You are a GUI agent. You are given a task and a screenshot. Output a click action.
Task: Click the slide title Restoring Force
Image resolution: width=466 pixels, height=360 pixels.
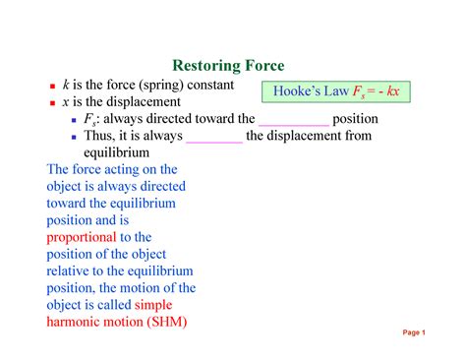pyautogui.click(x=228, y=66)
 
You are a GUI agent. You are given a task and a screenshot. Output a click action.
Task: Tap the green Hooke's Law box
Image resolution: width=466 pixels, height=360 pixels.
pyautogui.click(x=336, y=91)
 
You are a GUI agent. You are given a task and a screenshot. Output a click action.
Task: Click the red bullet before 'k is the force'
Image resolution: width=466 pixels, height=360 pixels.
pyautogui.click(x=52, y=87)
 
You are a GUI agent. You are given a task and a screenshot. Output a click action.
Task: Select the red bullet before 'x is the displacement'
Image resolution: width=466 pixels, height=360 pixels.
pyautogui.click(x=52, y=103)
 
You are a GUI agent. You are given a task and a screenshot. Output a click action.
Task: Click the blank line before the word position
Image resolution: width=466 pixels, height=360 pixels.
pyautogui.click(x=294, y=125)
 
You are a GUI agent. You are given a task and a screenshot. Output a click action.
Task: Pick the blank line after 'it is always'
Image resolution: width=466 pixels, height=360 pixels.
pyautogui.click(x=214, y=143)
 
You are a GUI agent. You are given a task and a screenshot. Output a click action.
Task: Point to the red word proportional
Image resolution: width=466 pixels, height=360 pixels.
pyautogui.click(x=82, y=237)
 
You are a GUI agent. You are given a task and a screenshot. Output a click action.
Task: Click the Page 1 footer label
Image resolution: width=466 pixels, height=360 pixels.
pyautogui.click(x=414, y=332)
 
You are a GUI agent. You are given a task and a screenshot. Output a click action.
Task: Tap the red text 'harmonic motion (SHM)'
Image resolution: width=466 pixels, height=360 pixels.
pyautogui.click(x=117, y=322)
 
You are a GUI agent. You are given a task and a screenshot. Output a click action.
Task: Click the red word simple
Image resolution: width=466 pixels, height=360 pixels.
pyautogui.click(x=153, y=305)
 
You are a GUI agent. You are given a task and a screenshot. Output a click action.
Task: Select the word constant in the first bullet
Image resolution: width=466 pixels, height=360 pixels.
pyautogui.click(x=210, y=85)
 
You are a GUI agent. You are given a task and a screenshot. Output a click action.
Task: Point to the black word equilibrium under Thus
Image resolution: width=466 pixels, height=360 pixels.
pyautogui.click(x=116, y=152)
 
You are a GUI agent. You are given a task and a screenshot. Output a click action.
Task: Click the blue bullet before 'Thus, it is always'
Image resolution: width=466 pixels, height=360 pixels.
pyautogui.click(x=74, y=137)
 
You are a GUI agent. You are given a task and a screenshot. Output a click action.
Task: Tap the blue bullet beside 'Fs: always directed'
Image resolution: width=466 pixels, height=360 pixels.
pyautogui.click(x=74, y=120)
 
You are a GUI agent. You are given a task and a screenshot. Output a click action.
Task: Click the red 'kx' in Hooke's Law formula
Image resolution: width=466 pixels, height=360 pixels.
pyautogui.click(x=393, y=90)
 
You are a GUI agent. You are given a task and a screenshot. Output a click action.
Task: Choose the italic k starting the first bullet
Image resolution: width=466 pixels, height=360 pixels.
pyautogui.click(x=66, y=85)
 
